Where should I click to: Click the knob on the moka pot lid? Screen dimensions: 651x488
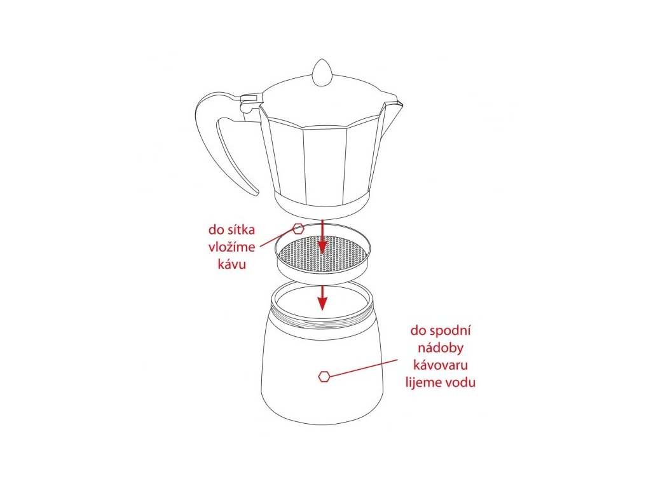click(322, 73)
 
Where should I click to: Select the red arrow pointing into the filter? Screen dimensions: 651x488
click(322, 236)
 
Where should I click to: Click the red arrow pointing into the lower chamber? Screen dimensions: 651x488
click(322, 297)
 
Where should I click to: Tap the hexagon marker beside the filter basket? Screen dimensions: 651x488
click(299, 229)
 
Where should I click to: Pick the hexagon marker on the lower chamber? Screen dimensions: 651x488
click(324, 376)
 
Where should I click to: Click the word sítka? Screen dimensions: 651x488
click(240, 229)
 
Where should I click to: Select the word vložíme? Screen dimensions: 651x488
click(231, 247)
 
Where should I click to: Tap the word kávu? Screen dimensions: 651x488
click(231, 264)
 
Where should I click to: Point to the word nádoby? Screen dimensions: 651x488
click(441, 348)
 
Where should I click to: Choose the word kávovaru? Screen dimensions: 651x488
click(441, 365)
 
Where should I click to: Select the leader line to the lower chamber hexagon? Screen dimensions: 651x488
click(364, 368)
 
